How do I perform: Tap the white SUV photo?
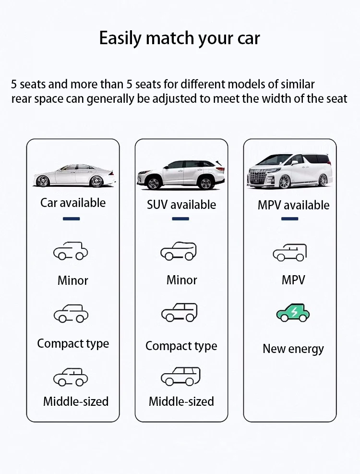(x=181, y=174)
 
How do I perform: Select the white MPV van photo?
(x=290, y=171)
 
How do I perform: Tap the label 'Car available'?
(x=73, y=203)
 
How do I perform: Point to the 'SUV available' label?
(x=181, y=205)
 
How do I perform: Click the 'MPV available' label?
(x=293, y=205)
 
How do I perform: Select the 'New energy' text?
(x=293, y=349)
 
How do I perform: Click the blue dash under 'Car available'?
(x=72, y=219)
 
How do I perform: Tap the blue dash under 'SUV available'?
(x=180, y=219)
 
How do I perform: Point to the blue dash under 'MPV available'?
(x=289, y=219)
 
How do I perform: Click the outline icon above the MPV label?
(x=289, y=253)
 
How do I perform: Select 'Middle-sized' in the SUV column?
(x=181, y=401)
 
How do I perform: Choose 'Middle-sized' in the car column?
(x=76, y=401)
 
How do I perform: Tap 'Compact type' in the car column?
(x=73, y=344)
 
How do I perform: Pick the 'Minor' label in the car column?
(x=73, y=280)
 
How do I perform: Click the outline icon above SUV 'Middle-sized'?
(x=181, y=377)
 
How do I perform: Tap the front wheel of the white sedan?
(x=42, y=181)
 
